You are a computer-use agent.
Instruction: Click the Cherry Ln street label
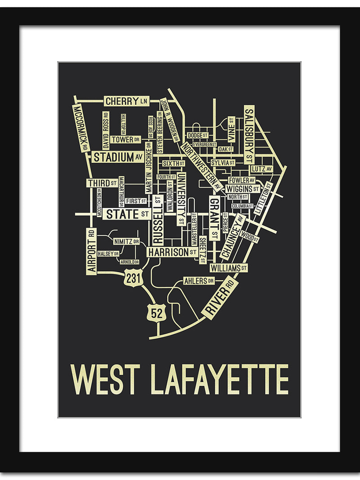coord(126,101)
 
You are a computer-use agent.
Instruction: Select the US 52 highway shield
coord(157,313)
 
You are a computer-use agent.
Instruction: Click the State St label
coord(127,214)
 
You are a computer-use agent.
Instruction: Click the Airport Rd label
coord(92,251)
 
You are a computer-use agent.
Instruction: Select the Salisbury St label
coord(249,135)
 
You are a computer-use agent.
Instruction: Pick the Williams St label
coord(229,268)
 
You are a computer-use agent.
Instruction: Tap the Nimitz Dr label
coord(126,241)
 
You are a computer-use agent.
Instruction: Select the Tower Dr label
coord(126,139)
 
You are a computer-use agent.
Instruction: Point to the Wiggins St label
coord(243,188)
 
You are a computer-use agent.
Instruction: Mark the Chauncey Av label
coord(232,237)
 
